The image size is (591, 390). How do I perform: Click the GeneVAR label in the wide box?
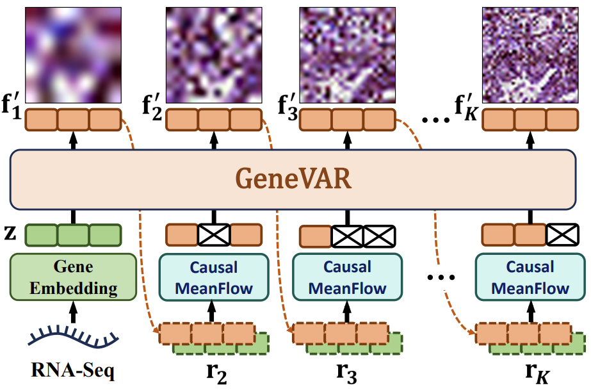point(293,178)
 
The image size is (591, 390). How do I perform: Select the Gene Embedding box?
point(73,277)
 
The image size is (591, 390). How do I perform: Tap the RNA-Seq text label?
point(73,370)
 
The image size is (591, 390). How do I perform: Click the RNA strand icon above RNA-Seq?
point(74,336)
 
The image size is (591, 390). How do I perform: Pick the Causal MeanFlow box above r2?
point(214,277)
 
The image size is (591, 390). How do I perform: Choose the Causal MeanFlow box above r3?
point(348,277)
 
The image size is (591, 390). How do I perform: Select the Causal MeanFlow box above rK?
point(530,277)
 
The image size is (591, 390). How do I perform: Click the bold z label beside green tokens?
point(10,234)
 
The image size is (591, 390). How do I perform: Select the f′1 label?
point(12,106)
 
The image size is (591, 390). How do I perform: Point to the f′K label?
point(466,107)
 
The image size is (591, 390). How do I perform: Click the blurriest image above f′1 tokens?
point(73,55)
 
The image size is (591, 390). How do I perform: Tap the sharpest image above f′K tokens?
point(530,55)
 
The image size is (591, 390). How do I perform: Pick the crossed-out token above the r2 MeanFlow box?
point(214,235)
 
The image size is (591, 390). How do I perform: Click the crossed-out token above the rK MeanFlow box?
point(562,235)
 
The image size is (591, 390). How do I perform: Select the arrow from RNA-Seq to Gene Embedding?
point(73,312)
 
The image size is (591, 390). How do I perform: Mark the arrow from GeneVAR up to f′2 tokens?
point(214,140)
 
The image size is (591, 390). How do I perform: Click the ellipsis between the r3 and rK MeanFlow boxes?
point(441,278)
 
